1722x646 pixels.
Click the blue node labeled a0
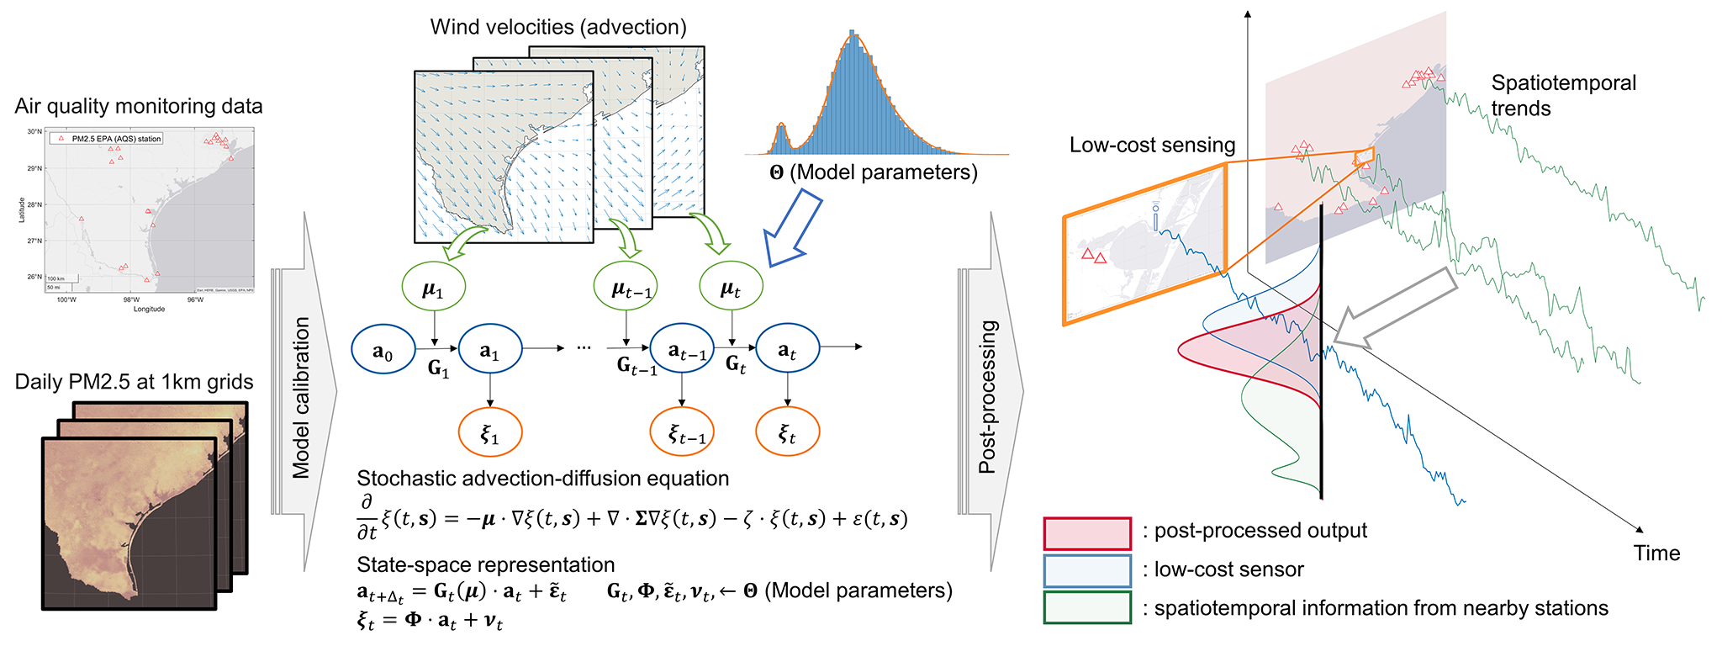pos(383,350)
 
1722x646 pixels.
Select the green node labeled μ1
pos(434,289)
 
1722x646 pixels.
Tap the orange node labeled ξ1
pos(490,433)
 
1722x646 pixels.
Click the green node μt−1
pos(625,289)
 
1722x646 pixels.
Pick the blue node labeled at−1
pos(682,350)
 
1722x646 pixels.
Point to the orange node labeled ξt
pos(787,432)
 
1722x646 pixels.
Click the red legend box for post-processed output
pos(1087,533)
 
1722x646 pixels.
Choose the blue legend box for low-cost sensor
pos(1087,570)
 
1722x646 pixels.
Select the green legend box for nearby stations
pos(1087,607)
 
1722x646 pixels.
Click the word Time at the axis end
pos(1656,553)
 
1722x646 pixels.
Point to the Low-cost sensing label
pos(1152,145)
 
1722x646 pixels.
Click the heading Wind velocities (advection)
pos(558,27)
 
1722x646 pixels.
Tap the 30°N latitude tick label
pos(34,132)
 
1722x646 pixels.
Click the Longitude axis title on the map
pos(149,309)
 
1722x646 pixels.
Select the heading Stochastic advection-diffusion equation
pos(542,479)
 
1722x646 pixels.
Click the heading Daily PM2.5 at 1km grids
pos(134,382)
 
